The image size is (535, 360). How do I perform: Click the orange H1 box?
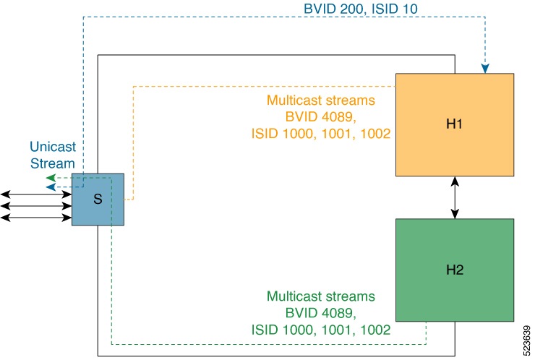pyautogui.click(x=455, y=124)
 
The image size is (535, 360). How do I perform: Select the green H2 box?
pyautogui.click(x=455, y=270)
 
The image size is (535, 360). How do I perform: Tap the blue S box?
pyautogui.click(x=98, y=200)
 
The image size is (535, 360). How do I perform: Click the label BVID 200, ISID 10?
pyautogui.click(x=361, y=9)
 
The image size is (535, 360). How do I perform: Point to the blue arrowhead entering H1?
pyautogui.click(x=485, y=69)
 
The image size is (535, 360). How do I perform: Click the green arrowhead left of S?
pyautogui.click(x=51, y=178)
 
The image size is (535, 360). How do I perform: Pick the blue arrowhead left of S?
pyautogui.click(x=51, y=187)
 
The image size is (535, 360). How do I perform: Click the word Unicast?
pyautogui.click(x=53, y=147)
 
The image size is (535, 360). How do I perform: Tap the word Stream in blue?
pyautogui.click(x=53, y=163)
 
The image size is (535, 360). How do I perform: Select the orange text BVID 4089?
pyautogui.click(x=321, y=116)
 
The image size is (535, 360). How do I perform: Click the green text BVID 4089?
pyautogui.click(x=321, y=312)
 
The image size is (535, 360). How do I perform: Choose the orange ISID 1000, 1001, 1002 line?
pyautogui.click(x=321, y=134)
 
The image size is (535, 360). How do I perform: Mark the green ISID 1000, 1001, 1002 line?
pyautogui.click(x=321, y=330)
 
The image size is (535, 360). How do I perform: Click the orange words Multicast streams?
pyautogui.click(x=321, y=100)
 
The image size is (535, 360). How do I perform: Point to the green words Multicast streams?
pyautogui.click(x=321, y=296)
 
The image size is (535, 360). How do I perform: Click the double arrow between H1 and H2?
pyautogui.click(x=455, y=197)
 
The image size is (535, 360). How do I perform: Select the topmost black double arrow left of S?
pyautogui.click(x=36, y=194)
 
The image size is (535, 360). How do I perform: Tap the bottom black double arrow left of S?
pyautogui.click(x=36, y=218)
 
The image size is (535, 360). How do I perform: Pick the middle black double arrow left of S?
pyautogui.click(x=36, y=206)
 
